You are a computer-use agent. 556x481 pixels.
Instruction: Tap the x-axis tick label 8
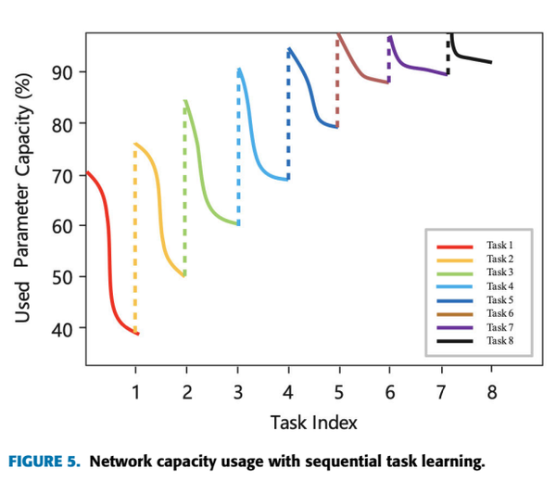491,392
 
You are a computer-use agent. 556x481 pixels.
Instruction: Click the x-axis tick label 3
237,392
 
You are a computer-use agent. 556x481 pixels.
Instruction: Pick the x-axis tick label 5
339,392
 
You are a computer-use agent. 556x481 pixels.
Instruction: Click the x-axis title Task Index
313,424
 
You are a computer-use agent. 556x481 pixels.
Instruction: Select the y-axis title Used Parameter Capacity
25,199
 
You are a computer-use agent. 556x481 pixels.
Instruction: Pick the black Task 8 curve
473,58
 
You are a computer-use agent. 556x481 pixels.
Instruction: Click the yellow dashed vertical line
135,241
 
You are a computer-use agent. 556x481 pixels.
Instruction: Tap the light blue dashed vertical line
238,148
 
